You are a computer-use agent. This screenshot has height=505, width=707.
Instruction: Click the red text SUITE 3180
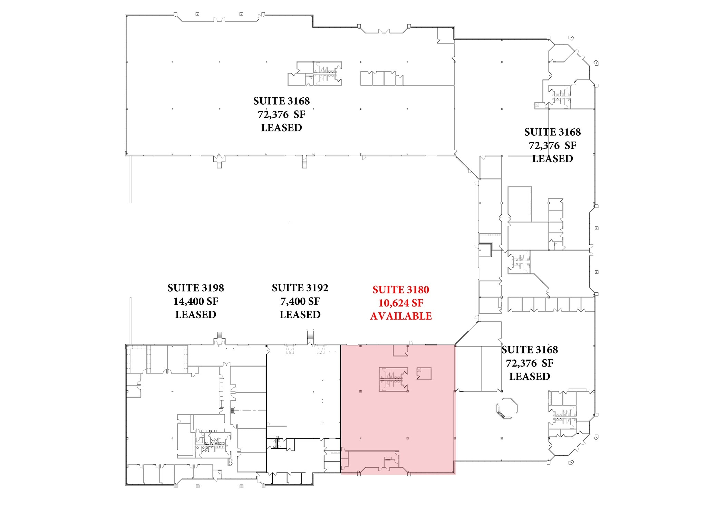click(x=400, y=290)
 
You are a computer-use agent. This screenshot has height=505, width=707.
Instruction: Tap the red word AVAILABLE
click(x=400, y=316)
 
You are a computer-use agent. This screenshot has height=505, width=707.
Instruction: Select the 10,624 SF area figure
click(x=400, y=303)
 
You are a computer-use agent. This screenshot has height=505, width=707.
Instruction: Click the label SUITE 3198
click(x=195, y=288)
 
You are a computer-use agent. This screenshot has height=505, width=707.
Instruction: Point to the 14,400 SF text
click(x=195, y=301)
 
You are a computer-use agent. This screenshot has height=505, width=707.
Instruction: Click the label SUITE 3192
click(x=300, y=288)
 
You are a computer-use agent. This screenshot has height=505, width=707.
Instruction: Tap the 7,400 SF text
click(x=300, y=301)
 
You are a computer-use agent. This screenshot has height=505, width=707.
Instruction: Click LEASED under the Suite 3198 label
click(x=195, y=314)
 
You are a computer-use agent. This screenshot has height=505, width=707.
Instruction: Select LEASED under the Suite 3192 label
click(x=300, y=314)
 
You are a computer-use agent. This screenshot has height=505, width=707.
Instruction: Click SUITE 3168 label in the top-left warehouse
click(x=281, y=101)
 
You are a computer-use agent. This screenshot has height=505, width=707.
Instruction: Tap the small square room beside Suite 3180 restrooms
click(x=424, y=373)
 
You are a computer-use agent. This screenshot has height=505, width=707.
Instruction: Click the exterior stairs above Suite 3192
click(x=310, y=336)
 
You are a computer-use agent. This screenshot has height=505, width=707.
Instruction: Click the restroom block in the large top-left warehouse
click(x=327, y=73)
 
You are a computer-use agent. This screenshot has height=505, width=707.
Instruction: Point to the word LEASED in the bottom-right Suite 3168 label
click(x=529, y=376)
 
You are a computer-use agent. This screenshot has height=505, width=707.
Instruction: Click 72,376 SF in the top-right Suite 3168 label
click(x=552, y=146)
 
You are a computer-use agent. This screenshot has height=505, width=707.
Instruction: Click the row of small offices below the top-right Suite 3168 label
click(x=551, y=304)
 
